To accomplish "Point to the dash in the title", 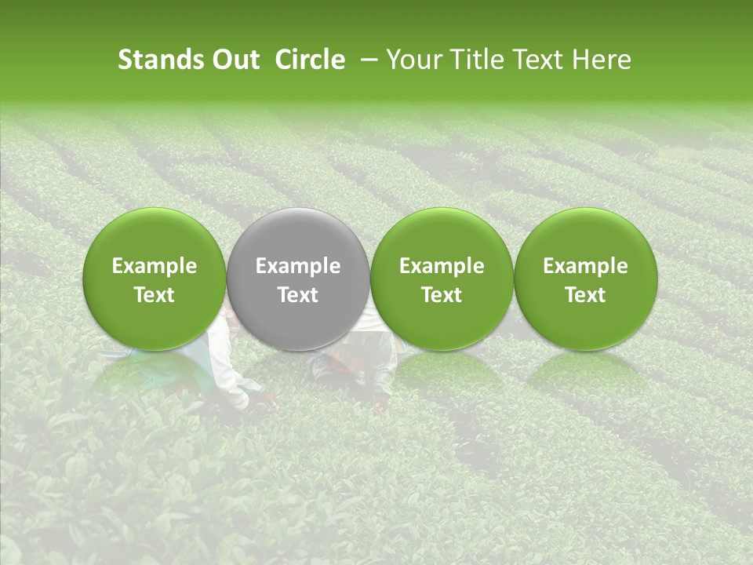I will coord(366,60).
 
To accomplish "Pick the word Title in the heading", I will coord(475,60).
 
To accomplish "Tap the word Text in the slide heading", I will coord(537,60).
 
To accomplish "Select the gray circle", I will coord(298,279).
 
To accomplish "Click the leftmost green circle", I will coord(155,279).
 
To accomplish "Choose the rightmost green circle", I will coord(585,279).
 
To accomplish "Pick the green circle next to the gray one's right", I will coord(442,279).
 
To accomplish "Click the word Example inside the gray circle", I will coord(298,266).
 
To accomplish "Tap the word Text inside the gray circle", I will coord(298,295).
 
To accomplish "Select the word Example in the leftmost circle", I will coord(155,266).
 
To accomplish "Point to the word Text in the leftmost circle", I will coord(155,295).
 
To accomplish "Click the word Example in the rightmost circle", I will coord(585,266).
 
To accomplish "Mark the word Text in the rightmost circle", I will coord(585,295).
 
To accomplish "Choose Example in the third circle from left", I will coord(442,266).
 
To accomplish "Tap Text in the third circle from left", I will coord(442,295).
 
